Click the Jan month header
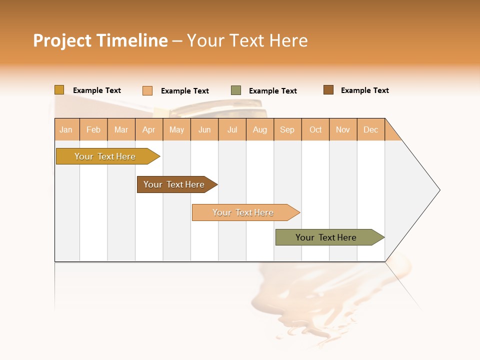click(x=66, y=130)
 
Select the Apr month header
click(x=149, y=130)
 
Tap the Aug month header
click(x=260, y=130)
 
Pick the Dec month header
click(x=371, y=130)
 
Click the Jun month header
click(x=204, y=130)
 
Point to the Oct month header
click(x=315, y=130)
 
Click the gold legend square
click(x=59, y=90)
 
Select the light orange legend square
click(x=147, y=90)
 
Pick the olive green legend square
click(x=236, y=90)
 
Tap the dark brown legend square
click(x=328, y=90)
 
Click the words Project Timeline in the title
click(x=100, y=40)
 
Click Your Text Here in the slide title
click(x=247, y=40)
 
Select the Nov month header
click(x=343, y=130)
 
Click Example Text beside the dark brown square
click(x=364, y=90)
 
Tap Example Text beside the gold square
click(x=97, y=90)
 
